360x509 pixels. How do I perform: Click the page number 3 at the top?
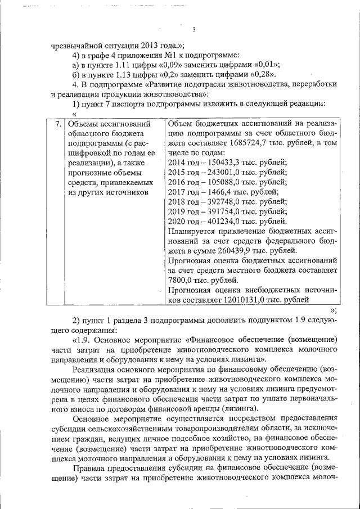click(x=193, y=30)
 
